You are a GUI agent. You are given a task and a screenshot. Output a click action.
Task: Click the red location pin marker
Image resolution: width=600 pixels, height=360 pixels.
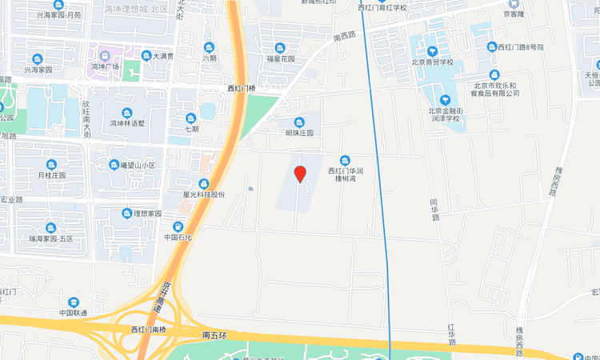tap(300, 174)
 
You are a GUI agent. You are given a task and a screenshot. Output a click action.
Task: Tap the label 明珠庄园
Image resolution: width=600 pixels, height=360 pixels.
tap(300, 133)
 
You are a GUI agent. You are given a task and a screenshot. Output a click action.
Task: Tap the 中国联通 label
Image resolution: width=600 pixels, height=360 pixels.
tap(74, 313)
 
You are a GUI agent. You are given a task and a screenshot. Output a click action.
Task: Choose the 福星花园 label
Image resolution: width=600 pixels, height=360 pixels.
tap(280, 58)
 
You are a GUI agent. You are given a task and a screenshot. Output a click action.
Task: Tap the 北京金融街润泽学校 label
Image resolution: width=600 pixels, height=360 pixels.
tap(446, 115)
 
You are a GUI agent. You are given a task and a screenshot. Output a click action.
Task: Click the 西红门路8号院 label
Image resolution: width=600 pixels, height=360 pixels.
tap(521, 47)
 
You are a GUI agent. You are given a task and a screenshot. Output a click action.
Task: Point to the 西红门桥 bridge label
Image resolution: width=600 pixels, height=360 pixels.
tap(242, 88)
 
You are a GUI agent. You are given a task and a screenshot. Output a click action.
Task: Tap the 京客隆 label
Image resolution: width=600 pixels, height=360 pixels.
tap(513, 14)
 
